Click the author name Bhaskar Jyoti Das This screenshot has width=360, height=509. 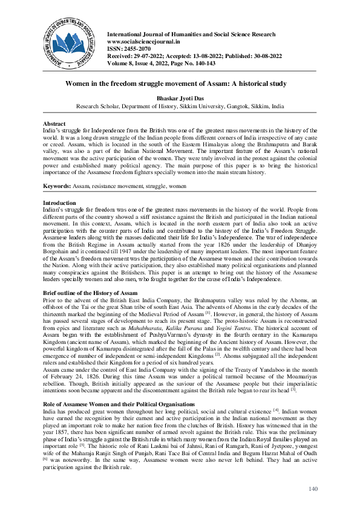(x=180, y=96)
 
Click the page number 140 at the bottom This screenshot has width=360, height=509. (x=313, y=488)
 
